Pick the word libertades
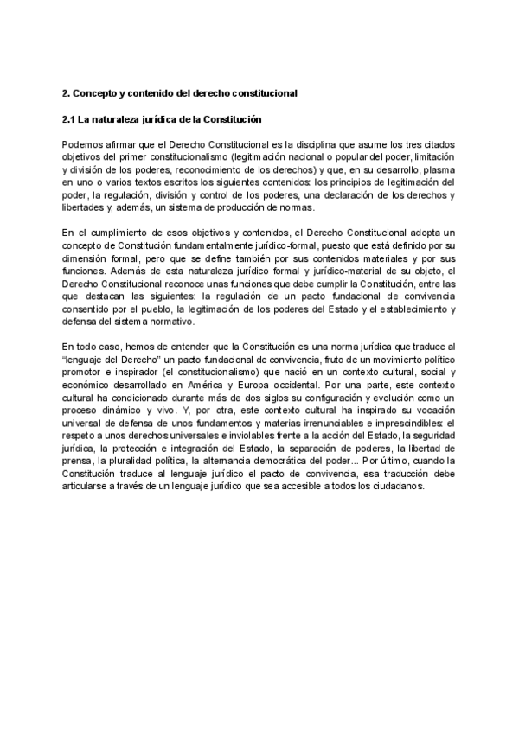86,207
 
